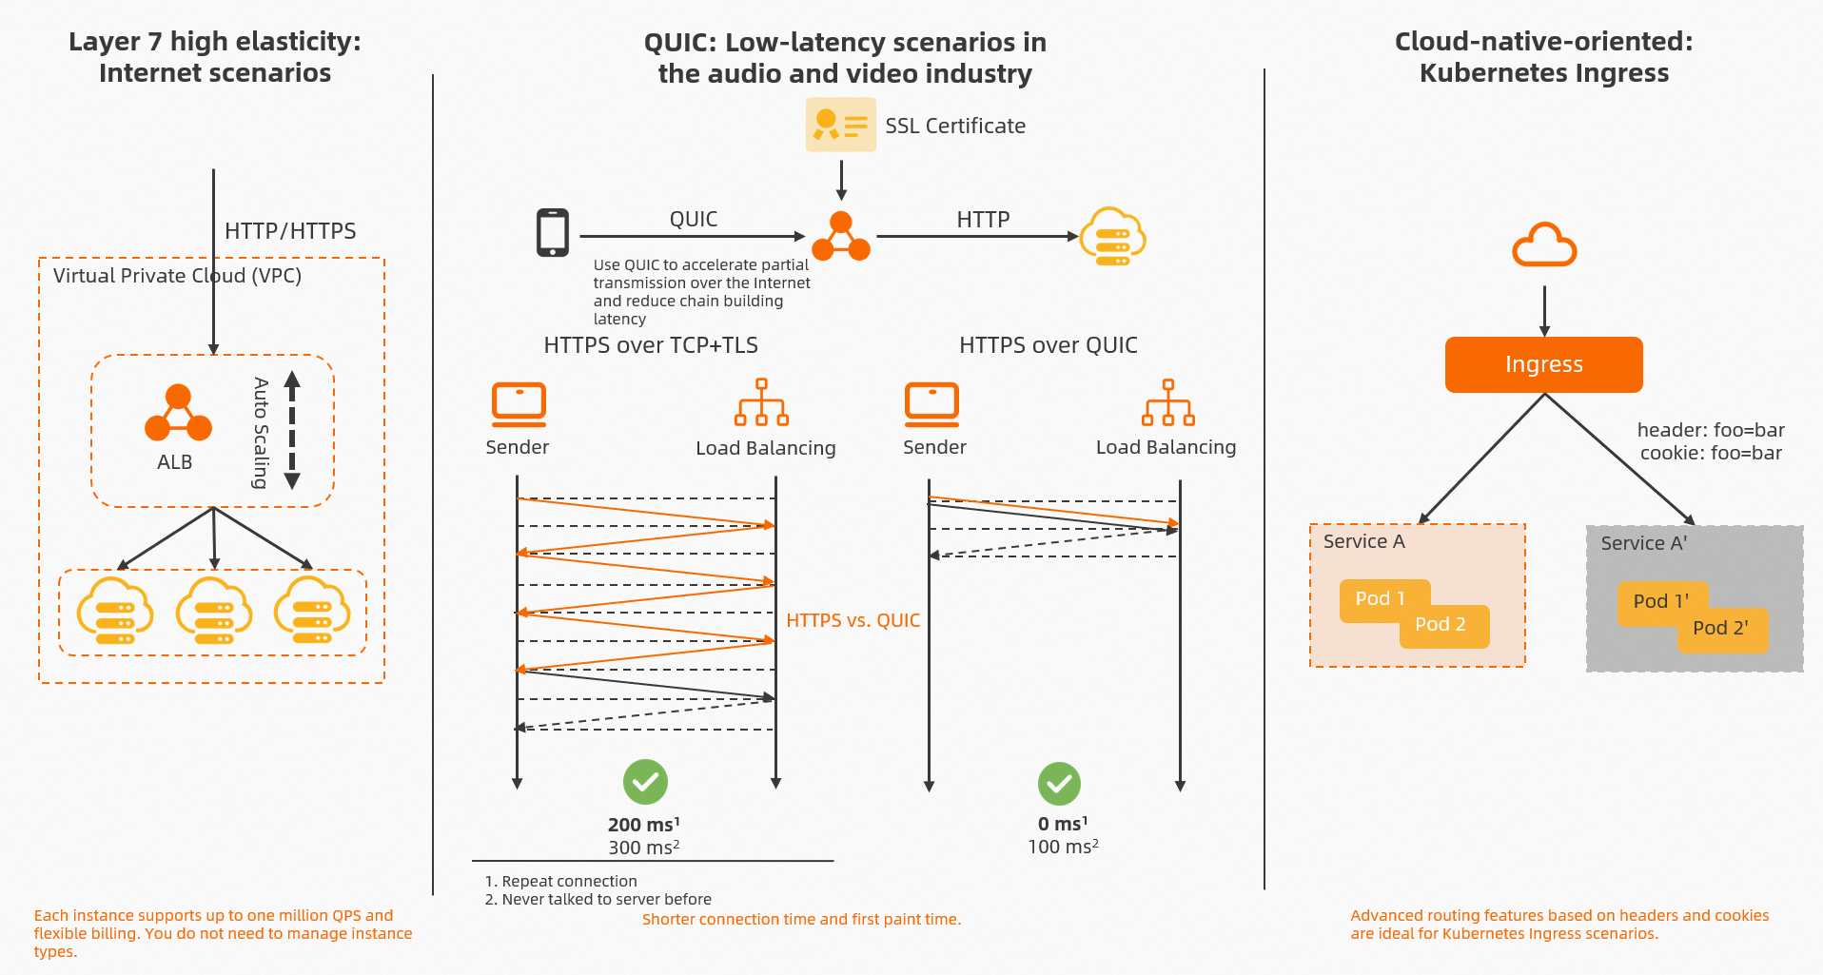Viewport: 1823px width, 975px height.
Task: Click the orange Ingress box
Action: coord(1543,364)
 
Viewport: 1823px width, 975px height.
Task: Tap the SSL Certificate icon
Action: coord(840,125)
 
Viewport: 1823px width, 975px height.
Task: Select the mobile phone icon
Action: coord(553,233)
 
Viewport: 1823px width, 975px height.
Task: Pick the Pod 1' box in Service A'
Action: coord(1659,601)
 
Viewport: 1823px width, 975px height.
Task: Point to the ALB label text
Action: coord(174,462)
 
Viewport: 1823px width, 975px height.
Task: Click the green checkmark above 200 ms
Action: coord(645,782)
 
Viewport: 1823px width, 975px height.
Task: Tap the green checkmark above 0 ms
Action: coord(1059,784)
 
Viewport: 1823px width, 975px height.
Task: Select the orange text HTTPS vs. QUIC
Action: coord(853,620)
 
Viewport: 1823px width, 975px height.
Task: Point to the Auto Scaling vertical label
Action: coord(261,433)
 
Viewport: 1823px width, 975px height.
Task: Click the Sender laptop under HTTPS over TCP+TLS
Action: coord(519,404)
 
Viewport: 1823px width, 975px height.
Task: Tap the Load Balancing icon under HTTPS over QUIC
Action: coord(1168,403)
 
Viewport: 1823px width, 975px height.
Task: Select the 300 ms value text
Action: coord(643,848)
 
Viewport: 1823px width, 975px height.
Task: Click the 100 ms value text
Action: coord(1063,847)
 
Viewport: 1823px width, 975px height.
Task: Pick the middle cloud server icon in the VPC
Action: coord(214,612)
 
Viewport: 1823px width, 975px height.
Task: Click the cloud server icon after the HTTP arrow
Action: coord(1112,237)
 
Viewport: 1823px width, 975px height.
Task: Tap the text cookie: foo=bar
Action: coord(1710,453)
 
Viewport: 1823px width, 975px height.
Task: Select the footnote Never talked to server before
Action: coord(606,899)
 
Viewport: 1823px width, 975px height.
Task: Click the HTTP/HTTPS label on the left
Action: coord(290,231)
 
